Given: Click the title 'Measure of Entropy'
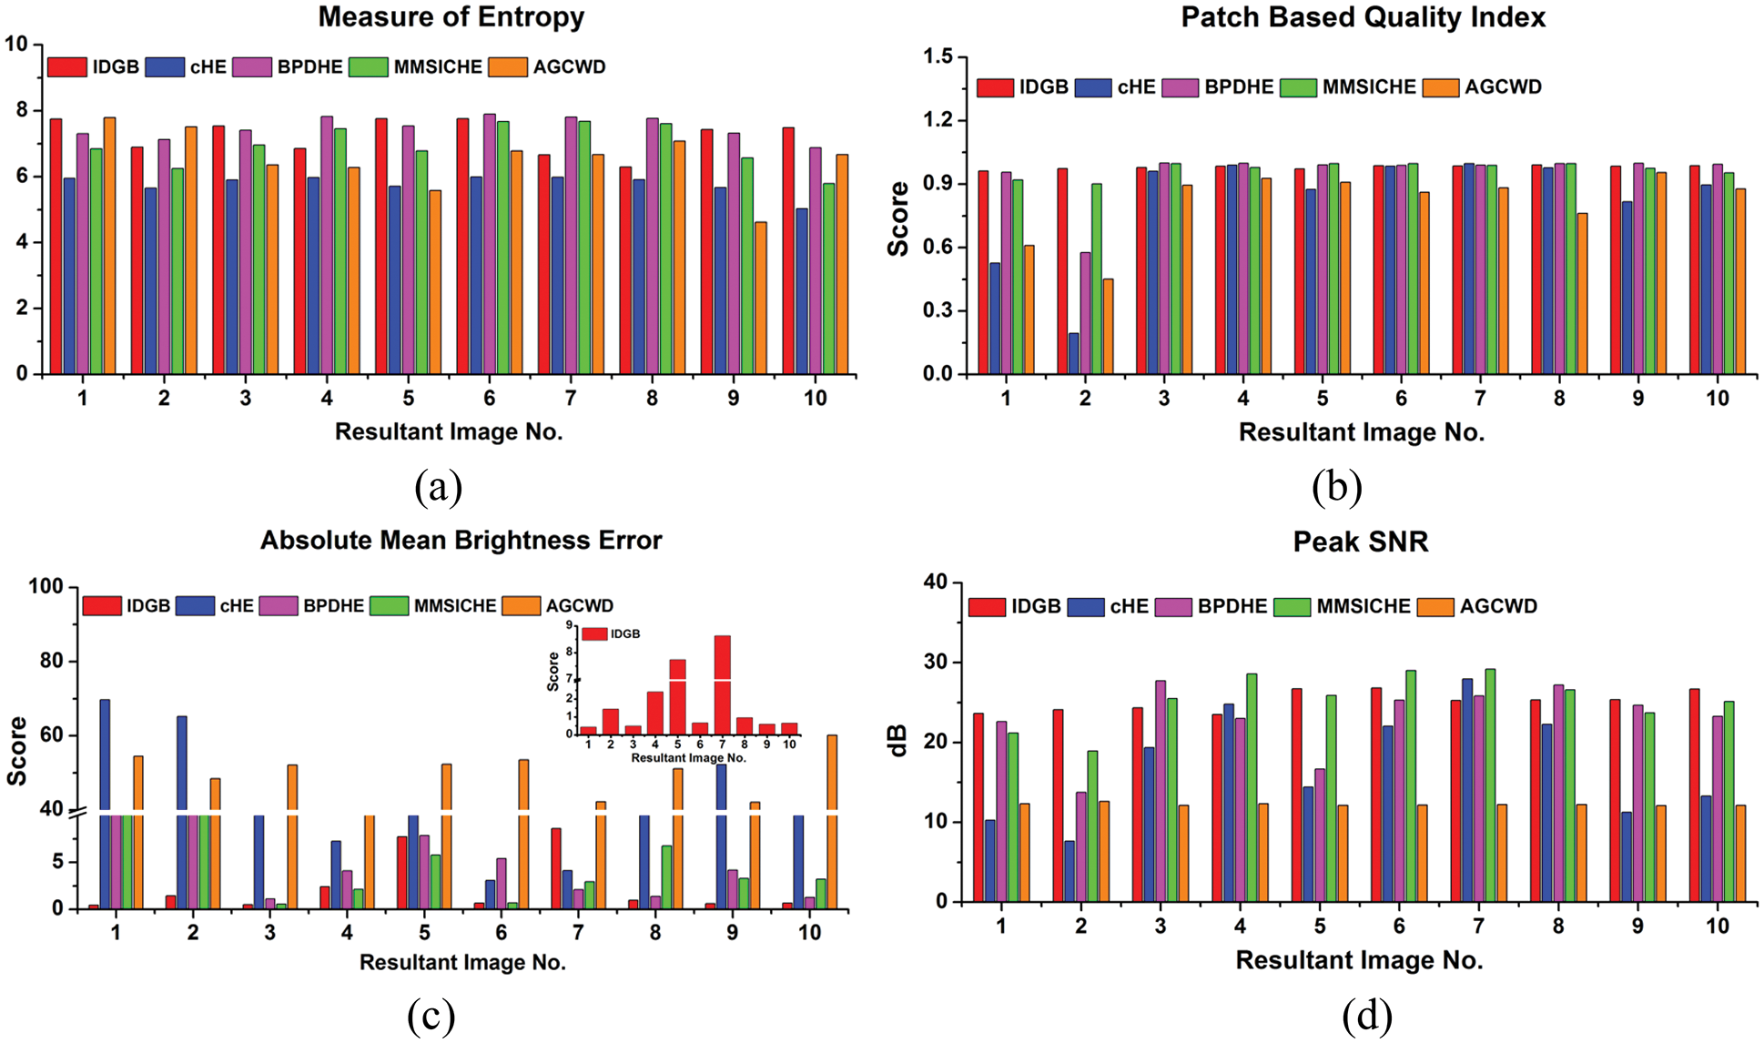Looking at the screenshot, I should pyautogui.click(x=451, y=17).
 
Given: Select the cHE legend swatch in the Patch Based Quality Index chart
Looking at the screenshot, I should pyautogui.click(x=1092, y=87).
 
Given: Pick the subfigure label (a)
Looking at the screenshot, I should pyautogui.click(x=438, y=488).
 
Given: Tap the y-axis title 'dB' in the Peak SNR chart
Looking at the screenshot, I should pyautogui.click(x=898, y=741).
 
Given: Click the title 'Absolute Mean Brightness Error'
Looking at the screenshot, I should pyautogui.click(x=461, y=541).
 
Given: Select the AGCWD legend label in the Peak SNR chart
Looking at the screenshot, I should pyautogui.click(x=1498, y=606).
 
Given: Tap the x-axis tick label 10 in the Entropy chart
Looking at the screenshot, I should pyautogui.click(x=815, y=399).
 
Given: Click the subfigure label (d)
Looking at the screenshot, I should pyautogui.click(x=1366, y=1016).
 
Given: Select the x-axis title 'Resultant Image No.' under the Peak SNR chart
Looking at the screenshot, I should pyautogui.click(x=1359, y=960).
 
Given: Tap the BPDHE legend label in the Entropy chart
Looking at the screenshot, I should pyautogui.click(x=309, y=67).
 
